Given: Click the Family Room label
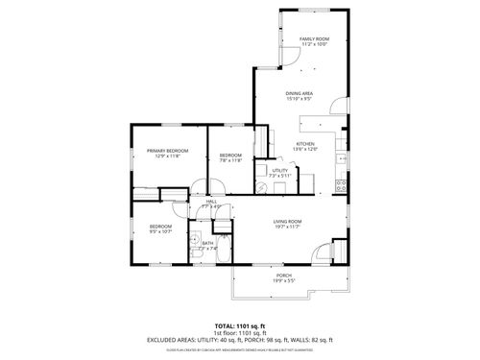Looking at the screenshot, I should [x=314, y=39].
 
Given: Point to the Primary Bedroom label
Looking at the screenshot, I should [x=167, y=151].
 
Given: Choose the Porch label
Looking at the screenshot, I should [x=284, y=276].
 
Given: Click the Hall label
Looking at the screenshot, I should [x=210, y=201].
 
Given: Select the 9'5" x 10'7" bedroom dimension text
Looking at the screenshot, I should [x=159, y=231].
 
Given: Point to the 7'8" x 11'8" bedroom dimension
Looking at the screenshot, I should [x=230, y=160].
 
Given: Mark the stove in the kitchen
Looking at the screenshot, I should [x=340, y=183].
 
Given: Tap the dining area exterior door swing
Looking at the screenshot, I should [x=336, y=108].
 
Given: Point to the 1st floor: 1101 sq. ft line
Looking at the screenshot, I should [x=239, y=331].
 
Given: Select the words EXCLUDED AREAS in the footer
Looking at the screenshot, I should [x=169, y=339].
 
